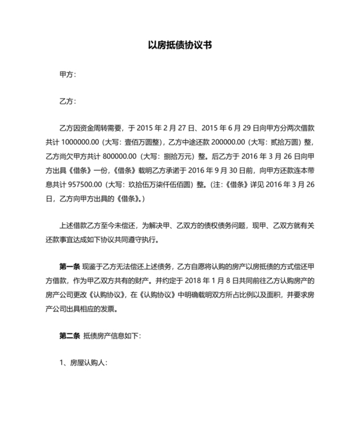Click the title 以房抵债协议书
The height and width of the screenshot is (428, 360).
pyautogui.click(x=179, y=46)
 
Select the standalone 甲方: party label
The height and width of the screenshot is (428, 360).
pyautogui.click(x=67, y=75)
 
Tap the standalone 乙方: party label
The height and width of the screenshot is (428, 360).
pyautogui.click(x=67, y=101)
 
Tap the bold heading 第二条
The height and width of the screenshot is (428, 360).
pyautogui.click(x=69, y=335)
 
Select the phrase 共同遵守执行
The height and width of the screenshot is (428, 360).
pyautogui.click(x=137, y=241)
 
